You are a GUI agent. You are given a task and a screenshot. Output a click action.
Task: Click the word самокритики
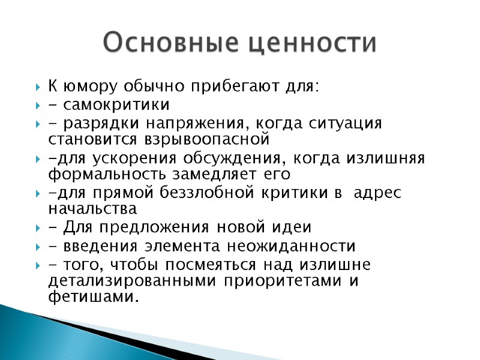click(114, 106)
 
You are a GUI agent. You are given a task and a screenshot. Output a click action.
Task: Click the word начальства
click(92, 209)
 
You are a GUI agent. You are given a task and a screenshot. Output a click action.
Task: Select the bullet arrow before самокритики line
click(38, 106)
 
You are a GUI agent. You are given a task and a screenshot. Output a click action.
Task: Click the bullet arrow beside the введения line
click(38, 247)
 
